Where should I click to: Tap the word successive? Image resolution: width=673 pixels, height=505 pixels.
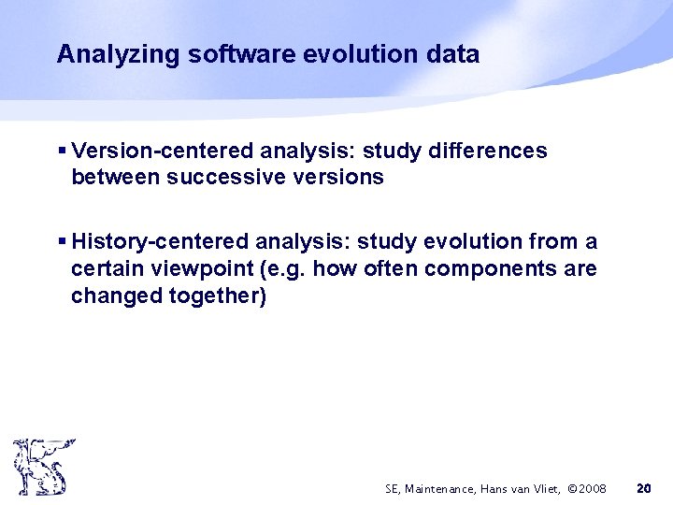[x=222, y=178]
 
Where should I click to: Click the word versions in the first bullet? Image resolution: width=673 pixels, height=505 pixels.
[x=336, y=178]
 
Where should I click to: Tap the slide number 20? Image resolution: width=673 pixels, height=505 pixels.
[x=643, y=488]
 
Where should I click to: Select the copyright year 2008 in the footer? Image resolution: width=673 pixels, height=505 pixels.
[x=592, y=488]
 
